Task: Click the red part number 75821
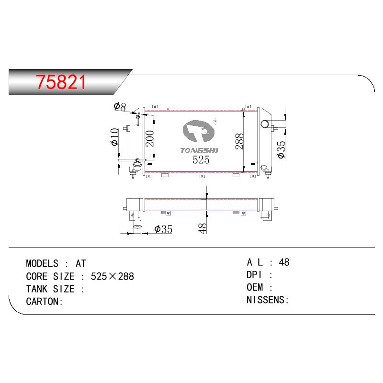61,82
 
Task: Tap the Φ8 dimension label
120,106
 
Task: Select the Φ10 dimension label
115,137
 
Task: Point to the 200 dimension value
150,138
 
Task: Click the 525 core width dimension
201,160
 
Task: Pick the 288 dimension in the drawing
239,141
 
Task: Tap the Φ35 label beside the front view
281,149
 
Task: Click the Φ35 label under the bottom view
163,229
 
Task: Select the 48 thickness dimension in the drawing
203,228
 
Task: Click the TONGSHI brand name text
199,150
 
